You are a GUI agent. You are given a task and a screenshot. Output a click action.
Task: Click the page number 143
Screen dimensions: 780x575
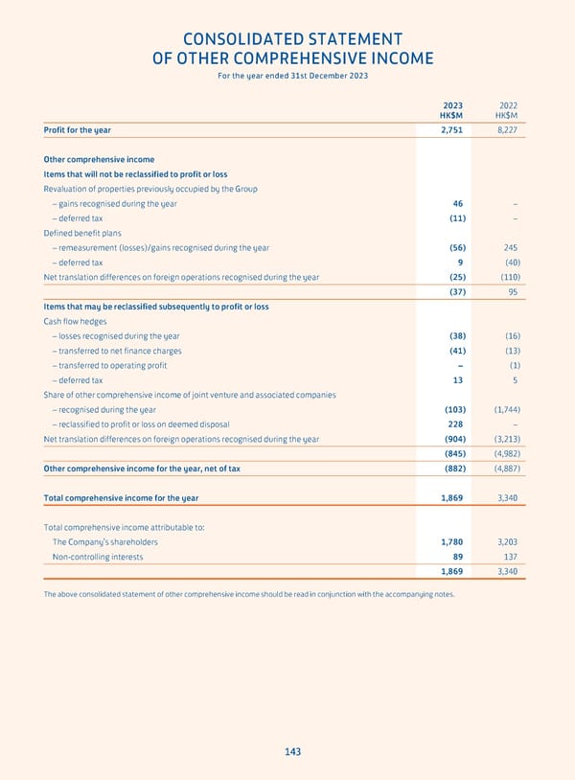coord(292,752)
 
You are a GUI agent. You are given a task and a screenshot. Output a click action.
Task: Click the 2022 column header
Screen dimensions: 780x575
coord(508,106)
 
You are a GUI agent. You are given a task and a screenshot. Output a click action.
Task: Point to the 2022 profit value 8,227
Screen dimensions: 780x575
coord(507,129)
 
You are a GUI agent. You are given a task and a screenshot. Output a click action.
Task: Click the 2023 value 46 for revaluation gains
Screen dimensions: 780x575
coord(458,203)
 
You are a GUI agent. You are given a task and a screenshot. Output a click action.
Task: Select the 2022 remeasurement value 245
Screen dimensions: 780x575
coord(511,247)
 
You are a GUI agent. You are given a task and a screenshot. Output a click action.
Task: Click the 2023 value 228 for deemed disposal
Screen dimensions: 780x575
coord(456,424)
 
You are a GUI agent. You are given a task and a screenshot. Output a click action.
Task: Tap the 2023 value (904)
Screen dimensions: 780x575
coord(451,439)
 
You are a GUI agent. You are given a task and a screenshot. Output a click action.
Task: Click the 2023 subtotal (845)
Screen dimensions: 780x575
coord(451,454)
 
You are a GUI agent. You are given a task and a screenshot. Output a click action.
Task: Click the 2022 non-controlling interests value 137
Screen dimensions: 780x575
coord(511,557)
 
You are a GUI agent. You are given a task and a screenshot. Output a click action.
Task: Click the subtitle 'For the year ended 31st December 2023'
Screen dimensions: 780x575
coord(292,76)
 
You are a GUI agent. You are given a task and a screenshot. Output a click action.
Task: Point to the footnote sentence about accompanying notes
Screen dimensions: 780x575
coord(249,594)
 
